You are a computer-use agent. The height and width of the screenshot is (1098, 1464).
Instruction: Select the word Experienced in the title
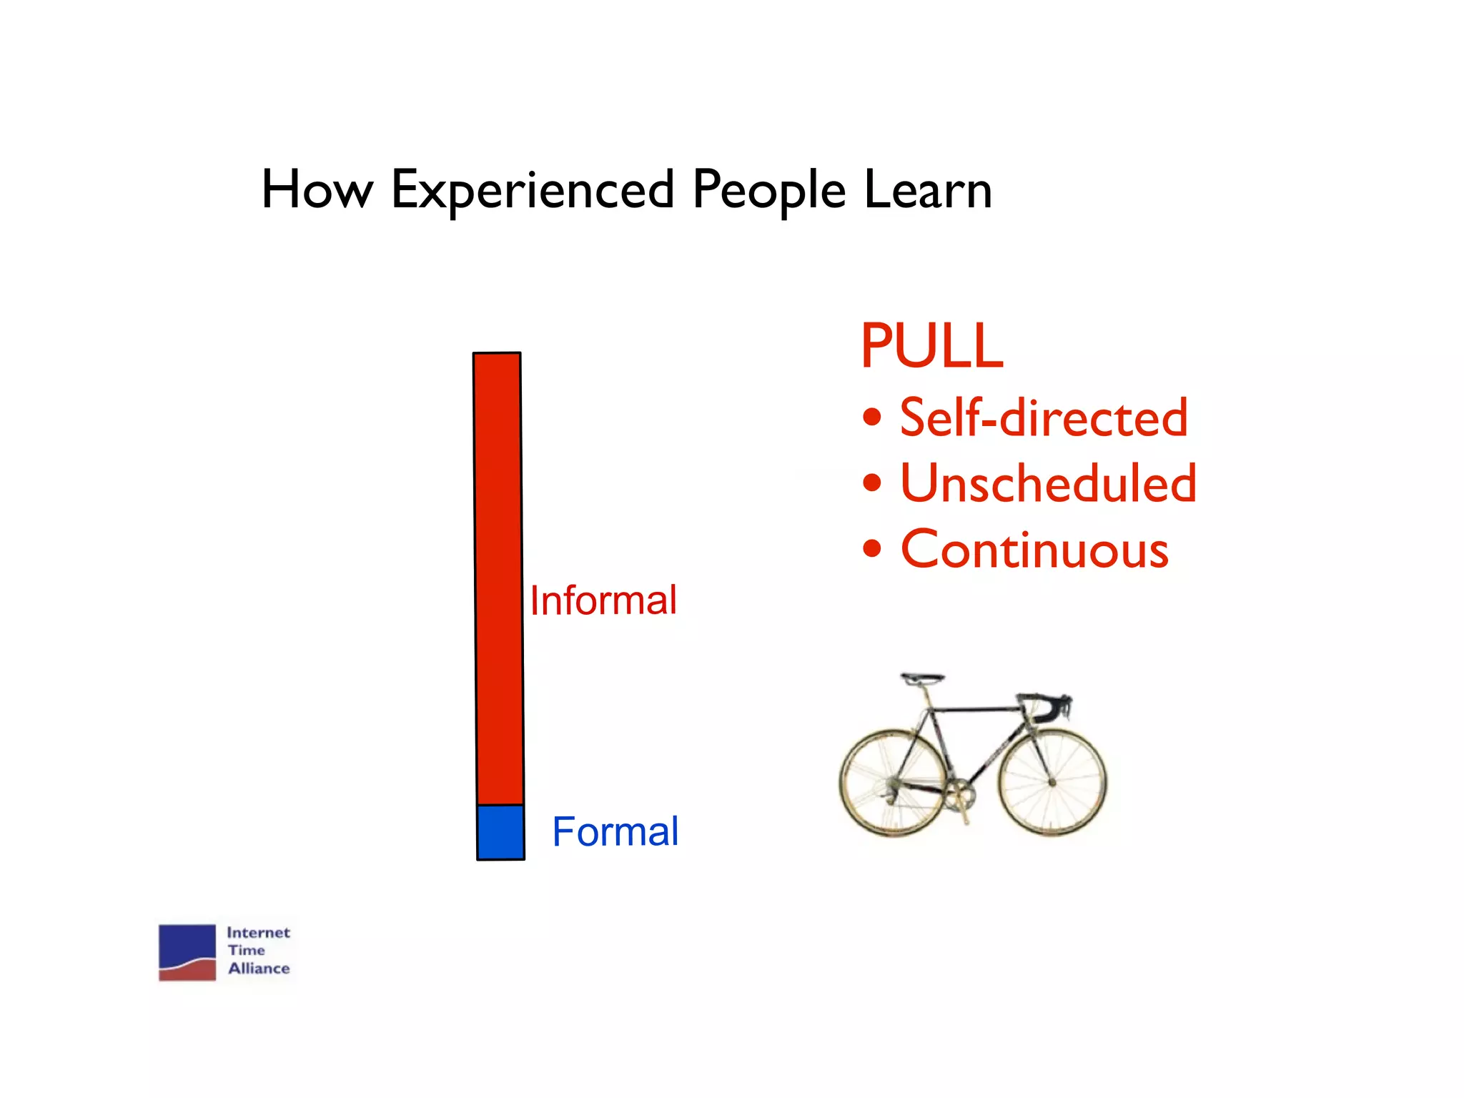coord(533,192)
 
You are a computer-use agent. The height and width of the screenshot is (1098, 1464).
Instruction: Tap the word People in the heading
coord(769,192)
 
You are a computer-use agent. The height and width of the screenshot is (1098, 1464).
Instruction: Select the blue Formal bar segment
coord(500,832)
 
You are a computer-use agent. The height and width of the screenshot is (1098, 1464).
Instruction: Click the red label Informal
coord(603,600)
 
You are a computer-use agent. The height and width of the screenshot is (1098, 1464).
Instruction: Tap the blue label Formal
coord(615,832)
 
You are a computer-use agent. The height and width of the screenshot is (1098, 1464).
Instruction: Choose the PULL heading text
coord(932,346)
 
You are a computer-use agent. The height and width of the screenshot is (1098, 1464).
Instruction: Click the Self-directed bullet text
coord(1044,417)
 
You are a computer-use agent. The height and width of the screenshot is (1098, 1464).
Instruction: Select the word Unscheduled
coord(1048,484)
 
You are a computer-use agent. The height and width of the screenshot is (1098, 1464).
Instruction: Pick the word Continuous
coord(1034,550)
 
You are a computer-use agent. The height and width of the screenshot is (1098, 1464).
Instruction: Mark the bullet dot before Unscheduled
coord(871,483)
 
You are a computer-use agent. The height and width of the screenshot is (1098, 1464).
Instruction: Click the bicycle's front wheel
coord(1052,782)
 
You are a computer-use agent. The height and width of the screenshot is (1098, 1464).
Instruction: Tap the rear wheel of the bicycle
coord(894,783)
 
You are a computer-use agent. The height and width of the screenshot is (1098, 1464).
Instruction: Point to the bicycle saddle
coord(921,678)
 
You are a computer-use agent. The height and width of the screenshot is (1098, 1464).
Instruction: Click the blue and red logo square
coord(187,952)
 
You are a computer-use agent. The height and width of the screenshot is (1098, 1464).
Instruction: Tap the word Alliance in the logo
coord(259,969)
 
